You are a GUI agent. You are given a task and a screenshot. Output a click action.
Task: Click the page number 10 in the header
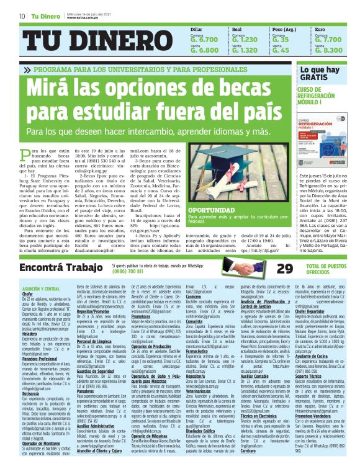(22, 16)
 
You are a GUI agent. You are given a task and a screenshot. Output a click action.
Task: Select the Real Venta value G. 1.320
(245, 50)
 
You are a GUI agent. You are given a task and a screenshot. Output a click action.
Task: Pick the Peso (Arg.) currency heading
(285, 30)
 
